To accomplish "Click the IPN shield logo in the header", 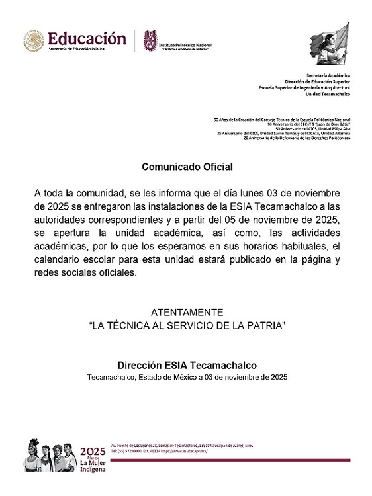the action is coord(151,41).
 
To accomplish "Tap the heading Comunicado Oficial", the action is coord(187,167).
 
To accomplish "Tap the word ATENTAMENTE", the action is coord(187,312).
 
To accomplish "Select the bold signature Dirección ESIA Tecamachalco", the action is coord(187,365).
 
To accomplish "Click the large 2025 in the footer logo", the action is coord(92,451).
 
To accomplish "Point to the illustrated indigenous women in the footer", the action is coord(49,454).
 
